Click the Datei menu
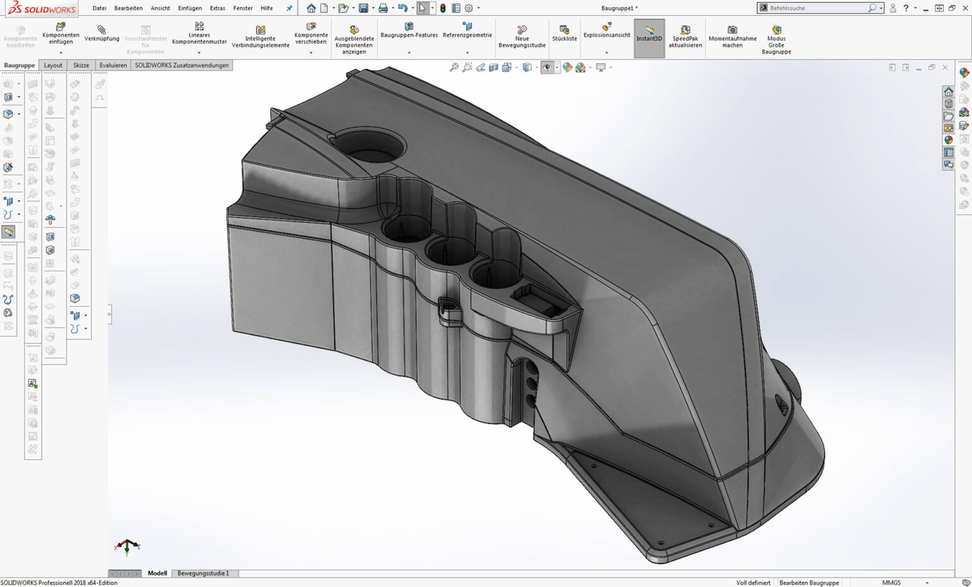click(99, 8)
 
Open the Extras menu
click(217, 8)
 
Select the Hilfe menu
click(267, 8)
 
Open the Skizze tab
click(81, 65)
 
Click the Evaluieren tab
click(113, 65)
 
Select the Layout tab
click(53, 65)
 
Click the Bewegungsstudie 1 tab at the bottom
click(203, 574)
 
